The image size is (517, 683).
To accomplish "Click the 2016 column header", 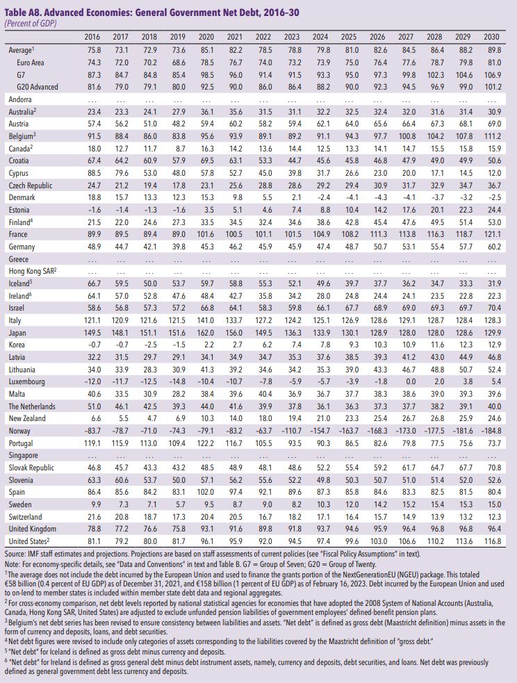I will click(x=91, y=36).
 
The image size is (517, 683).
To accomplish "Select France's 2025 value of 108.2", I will click(x=350, y=235).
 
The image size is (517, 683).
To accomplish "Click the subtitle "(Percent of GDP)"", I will click(x=31, y=22).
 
